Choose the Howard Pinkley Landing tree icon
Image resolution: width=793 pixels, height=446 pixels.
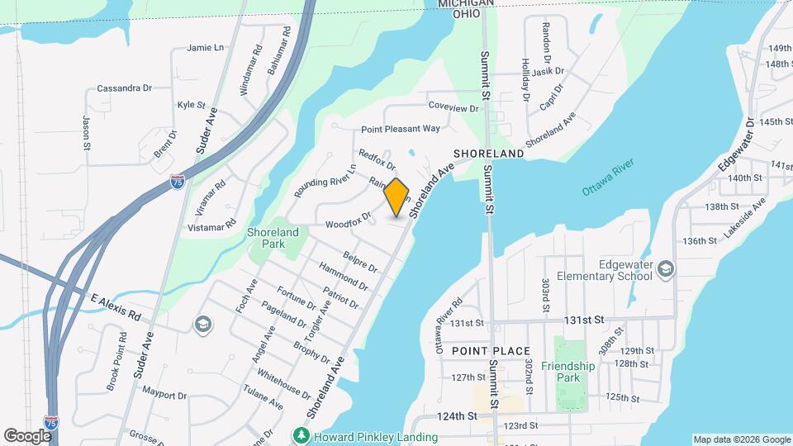pyautogui.click(x=301, y=434)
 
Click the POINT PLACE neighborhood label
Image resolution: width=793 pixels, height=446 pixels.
pyautogui.click(x=491, y=351)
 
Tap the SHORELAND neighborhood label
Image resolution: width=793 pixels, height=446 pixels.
pyautogui.click(x=488, y=154)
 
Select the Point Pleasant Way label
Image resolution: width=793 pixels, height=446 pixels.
pyautogui.click(x=401, y=129)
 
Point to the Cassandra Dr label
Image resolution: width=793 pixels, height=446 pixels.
pyautogui.click(x=125, y=88)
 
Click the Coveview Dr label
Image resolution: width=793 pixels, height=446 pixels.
pyautogui.click(x=453, y=108)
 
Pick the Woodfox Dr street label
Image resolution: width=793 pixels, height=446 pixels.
pyautogui.click(x=349, y=223)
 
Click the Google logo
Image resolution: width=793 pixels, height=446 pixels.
pyautogui.click(x=27, y=435)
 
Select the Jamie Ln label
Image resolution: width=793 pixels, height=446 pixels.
pyautogui.click(x=206, y=48)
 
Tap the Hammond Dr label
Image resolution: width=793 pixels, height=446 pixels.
pyautogui.click(x=343, y=278)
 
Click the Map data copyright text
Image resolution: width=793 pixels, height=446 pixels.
pyautogui.click(x=740, y=439)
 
